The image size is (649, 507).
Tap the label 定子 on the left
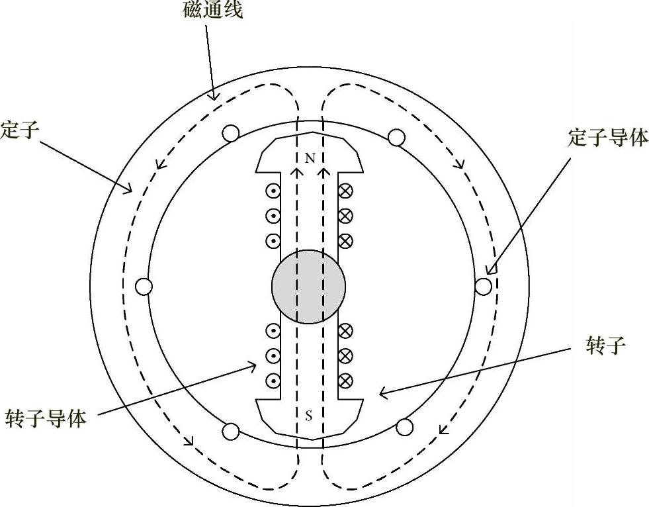(20, 130)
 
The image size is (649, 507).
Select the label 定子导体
(608, 138)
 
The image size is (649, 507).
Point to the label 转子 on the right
(605, 345)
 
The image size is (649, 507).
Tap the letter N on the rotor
(310, 159)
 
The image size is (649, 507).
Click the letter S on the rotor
(309, 416)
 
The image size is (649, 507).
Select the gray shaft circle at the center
(308, 287)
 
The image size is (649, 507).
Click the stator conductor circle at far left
(144, 287)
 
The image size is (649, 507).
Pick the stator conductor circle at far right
(484, 286)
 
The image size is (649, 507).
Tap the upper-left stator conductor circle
(231, 134)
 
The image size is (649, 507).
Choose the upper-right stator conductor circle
(396, 137)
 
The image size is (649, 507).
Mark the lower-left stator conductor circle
(230, 432)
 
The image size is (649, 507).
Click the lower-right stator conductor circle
(404, 426)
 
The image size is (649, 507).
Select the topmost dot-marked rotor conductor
(272, 191)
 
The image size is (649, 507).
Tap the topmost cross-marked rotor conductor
(345, 191)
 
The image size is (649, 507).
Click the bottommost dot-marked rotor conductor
(272, 381)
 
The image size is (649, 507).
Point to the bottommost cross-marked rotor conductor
(345, 381)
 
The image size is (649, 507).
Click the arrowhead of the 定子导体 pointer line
(490, 270)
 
